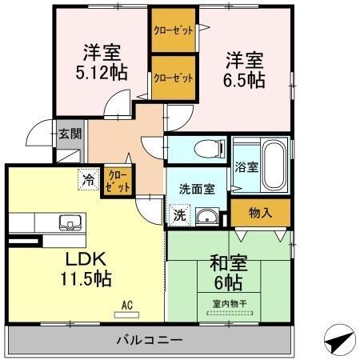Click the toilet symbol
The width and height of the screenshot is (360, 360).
[210, 149]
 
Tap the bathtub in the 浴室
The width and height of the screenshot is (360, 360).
[274, 165]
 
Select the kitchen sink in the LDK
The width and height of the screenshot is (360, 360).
[70, 222]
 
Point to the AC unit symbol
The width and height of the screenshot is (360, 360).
[126, 315]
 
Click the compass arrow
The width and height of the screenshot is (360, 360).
[340, 339]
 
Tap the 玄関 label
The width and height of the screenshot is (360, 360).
[70, 134]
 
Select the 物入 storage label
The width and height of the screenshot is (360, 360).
[260, 213]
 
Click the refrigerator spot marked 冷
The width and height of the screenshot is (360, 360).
[88, 179]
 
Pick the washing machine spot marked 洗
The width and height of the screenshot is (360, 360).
[180, 215]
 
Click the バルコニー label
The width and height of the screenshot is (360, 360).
[150, 340]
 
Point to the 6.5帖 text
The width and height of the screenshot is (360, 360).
[244, 80]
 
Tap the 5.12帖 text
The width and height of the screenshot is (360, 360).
[102, 72]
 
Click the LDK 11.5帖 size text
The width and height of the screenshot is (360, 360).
[86, 278]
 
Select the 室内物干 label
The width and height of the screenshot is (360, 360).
[230, 304]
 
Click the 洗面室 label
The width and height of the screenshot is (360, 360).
[197, 189]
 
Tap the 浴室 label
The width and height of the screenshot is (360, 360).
[246, 167]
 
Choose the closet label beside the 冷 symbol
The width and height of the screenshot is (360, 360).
[118, 182]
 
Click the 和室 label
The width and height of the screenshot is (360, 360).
[229, 263]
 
